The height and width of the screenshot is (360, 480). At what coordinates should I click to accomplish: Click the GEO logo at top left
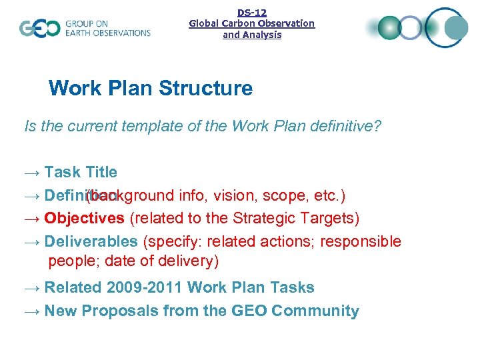[40, 29]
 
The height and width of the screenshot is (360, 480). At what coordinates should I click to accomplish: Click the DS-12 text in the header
[252, 12]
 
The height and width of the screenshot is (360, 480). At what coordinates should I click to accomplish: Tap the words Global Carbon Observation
[252, 23]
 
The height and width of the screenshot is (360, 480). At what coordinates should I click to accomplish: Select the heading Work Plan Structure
[151, 88]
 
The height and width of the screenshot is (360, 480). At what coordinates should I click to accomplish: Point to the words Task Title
[81, 172]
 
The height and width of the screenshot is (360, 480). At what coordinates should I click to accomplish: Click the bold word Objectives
[84, 218]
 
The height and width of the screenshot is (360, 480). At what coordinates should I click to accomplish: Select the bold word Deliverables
[91, 241]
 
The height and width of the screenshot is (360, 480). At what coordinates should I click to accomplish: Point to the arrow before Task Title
[31, 173]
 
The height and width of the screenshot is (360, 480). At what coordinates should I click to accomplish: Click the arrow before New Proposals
[31, 311]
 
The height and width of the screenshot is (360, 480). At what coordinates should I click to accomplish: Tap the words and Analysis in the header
[252, 35]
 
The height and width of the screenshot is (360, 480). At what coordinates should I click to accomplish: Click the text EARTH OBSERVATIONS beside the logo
[107, 33]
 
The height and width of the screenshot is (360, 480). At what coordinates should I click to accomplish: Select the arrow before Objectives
[31, 219]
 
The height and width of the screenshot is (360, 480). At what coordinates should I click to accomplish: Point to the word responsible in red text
[361, 241]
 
